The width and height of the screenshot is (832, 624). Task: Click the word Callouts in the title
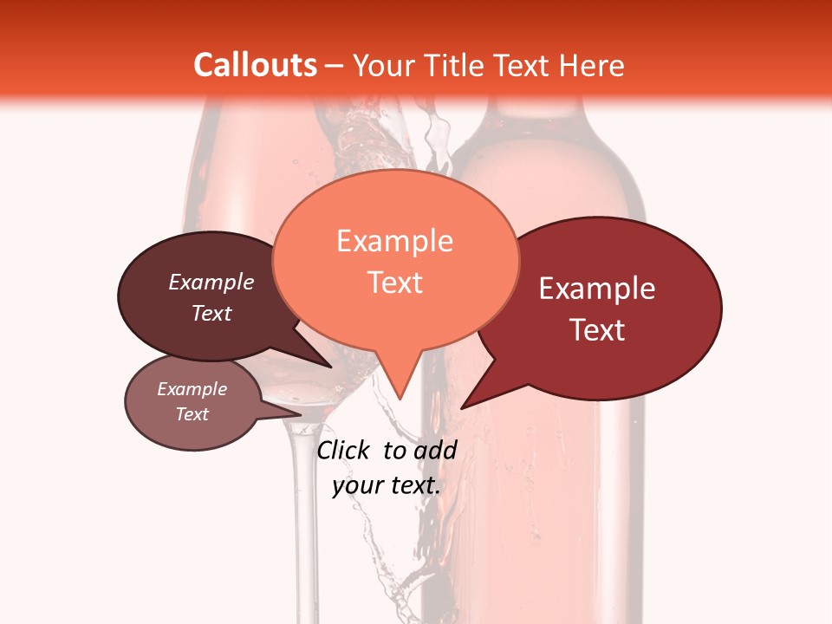pos(255,65)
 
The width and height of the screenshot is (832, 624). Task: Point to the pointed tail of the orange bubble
pos(400,394)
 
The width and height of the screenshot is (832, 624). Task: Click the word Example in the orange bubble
pos(395,241)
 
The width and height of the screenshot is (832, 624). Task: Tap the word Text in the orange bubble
pos(395,283)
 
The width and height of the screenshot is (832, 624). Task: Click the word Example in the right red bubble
pos(597,289)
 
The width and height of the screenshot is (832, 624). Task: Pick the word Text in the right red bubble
pos(597,330)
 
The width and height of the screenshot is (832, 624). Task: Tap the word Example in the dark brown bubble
pos(211,282)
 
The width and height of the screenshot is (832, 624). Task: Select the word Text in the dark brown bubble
pos(211,313)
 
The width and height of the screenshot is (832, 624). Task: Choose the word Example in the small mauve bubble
pos(192,389)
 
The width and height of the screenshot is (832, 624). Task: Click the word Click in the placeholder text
pos(344,450)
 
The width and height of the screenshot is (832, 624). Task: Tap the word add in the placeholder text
pos(434,450)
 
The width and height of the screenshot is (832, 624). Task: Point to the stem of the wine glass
pos(302,520)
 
